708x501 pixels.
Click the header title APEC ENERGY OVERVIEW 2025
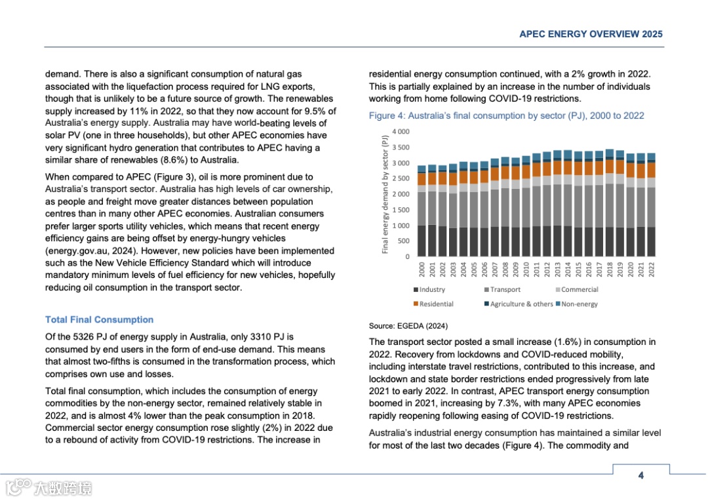(x=591, y=34)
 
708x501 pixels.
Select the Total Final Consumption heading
(x=99, y=320)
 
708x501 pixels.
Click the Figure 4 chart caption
(x=506, y=116)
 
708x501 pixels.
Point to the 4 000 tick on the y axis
(x=401, y=132)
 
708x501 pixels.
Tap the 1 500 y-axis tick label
(x=401, y=210)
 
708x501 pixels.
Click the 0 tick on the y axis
(x=406, y=256)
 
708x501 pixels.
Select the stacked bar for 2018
(x=610, y=203)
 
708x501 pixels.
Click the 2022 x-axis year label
(x=651, y=270)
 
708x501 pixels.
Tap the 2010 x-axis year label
(x=526, y=270)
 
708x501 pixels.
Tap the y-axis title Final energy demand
(x=385, y=193)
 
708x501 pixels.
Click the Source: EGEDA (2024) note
(x=408, y=326)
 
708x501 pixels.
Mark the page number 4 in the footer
(x=641, y=475)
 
